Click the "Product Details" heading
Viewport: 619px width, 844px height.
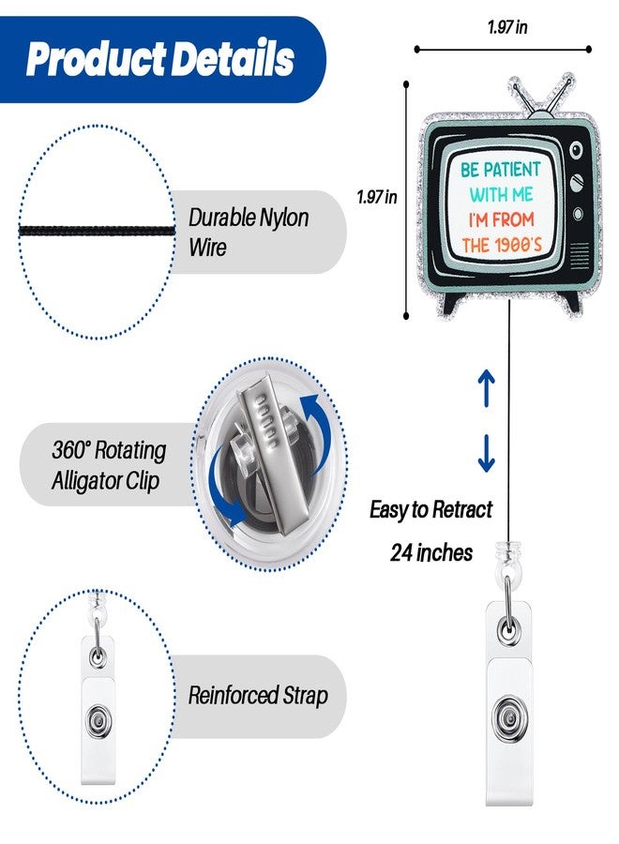click(x=159, y=58)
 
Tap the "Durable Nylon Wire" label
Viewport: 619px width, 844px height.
click(x=249, y=232)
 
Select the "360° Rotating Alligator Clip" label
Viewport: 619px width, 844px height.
click(x=109, y=464)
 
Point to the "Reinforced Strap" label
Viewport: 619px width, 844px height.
click(x=258, y=695)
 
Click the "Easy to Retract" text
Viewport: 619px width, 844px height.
click(x=430, y=509)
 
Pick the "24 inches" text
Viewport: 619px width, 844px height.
click(x=431, y=552)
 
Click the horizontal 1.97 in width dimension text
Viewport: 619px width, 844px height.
click(x=507, y=27)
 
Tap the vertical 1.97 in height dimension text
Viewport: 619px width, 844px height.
click(x=377, y=197)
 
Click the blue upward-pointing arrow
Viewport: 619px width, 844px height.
click(x=487, y=387)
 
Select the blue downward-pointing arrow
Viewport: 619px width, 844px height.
click(x=487, y=453)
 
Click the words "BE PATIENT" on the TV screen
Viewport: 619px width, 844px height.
click(x=500, y=170)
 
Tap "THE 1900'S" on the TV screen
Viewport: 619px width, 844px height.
click(x=501, y=246)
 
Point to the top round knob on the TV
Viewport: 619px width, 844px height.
click(x=576, y=150)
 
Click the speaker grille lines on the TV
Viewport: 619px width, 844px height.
click(x=579, y=252)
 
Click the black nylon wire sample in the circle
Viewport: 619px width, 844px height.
click(x=97, y=232)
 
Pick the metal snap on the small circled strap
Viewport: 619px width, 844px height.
click(x=98, y=720)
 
